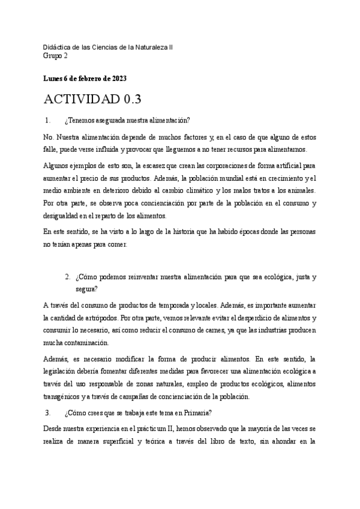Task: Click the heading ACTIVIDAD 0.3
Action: coord(92,99)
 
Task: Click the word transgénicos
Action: coord(67,397)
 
